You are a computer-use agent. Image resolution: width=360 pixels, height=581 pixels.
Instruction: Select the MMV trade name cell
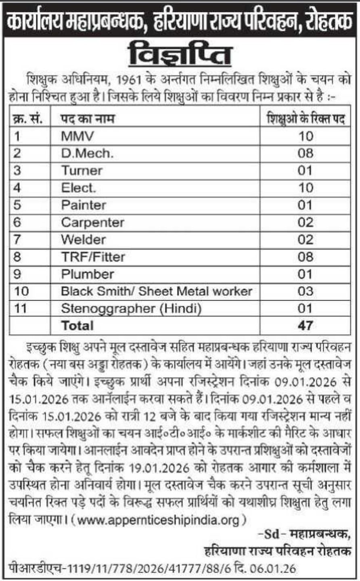click(77, 136)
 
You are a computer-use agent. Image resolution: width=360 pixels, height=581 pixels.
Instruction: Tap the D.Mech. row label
click(87, 153)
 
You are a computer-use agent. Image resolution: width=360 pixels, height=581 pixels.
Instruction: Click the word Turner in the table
click(82, 170)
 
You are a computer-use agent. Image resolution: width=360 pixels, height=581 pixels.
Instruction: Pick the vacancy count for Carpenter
click(305, 222)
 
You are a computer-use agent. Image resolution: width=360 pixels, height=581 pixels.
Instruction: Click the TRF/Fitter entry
click(93, 257)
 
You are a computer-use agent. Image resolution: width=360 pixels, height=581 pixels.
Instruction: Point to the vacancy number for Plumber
click(305, 274)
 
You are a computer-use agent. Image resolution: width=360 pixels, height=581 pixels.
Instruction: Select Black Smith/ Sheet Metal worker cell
click(157, 291)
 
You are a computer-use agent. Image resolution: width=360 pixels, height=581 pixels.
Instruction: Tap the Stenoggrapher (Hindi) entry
click(131, 308)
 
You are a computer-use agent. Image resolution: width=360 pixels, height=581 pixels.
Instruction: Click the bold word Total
click(77, 325)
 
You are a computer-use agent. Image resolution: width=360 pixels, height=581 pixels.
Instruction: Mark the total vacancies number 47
click(305, 325)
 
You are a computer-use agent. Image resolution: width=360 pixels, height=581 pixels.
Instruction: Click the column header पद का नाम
click(88, 119)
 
